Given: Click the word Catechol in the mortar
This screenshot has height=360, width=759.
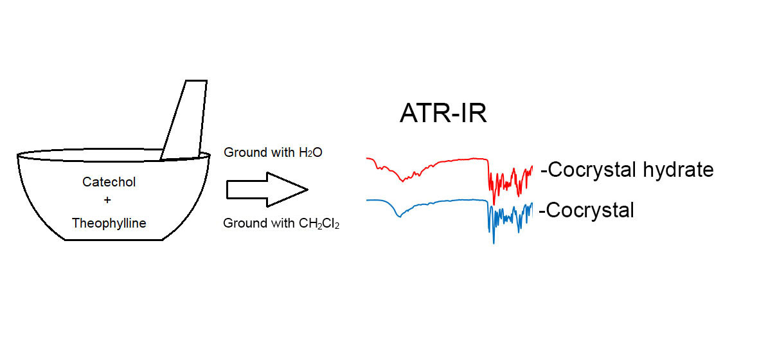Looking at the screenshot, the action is [109, 182].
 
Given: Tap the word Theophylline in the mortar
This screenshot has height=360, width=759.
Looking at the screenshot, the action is [109, 223].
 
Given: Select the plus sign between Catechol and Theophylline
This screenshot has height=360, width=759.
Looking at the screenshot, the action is [108, 202].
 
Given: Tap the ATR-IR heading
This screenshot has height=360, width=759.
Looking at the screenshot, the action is [443, 114].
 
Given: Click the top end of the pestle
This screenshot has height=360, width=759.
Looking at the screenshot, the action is [196, 82].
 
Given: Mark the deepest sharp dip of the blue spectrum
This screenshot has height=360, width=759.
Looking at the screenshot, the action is [494, 242].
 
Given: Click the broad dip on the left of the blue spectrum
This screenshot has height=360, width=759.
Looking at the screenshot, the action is [398, 216].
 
